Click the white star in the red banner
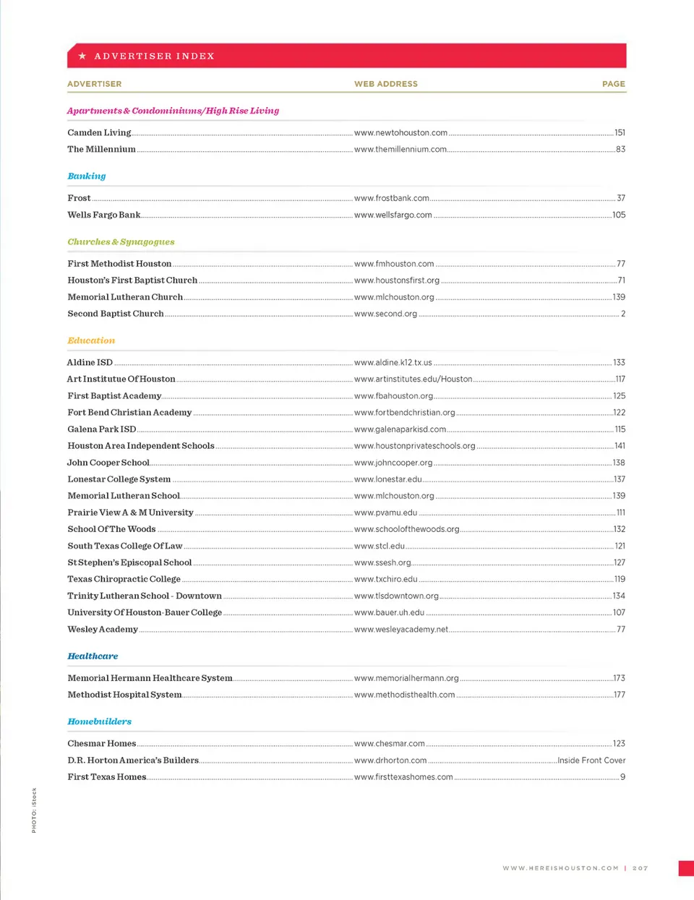[82, 56]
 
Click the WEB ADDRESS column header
[385, 84]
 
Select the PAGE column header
[613, 84]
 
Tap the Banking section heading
[87, 176]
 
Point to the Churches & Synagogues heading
[121, 241]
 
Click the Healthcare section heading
[93, 656]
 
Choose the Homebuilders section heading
[99, 721]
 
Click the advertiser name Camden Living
[99, 133]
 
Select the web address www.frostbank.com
[391, 198]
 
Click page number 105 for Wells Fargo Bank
[619, 215]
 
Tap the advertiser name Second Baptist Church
[116, 314]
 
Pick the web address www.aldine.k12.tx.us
[393, 362]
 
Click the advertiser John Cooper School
[108, 463]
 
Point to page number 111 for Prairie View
[620, 513]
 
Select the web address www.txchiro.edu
[385, 579]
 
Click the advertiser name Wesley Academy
[103, 630]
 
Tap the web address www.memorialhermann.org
[406, 678]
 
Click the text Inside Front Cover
[591, 760]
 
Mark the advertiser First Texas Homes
[107, 777]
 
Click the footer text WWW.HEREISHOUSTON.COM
[560, 868]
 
